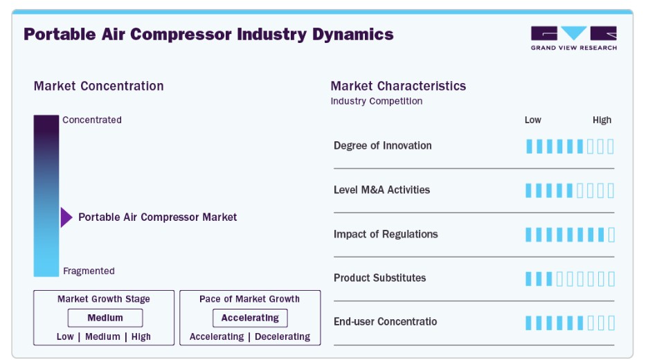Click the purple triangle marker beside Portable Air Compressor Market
click(66, 217)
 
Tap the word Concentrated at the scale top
click(92, 120)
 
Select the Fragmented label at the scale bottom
click(89, 271)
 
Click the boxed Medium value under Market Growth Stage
click(105, 318)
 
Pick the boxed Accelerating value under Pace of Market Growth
click(250, 318)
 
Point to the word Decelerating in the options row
click(282, 337)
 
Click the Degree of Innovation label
click(383, 145)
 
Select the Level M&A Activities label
click(382, 190)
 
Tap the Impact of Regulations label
click(386, 234)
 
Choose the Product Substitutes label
click(380, 278)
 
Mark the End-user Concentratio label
click(385, 321)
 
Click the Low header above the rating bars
click(532, 120)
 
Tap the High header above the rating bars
click(602, 120)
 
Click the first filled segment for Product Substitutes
click(528, 279)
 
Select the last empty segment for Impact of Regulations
click(611, 235)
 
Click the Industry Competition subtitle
click(377, 101)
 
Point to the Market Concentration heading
click(99, 86)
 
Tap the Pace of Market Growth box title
click(250, 299)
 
